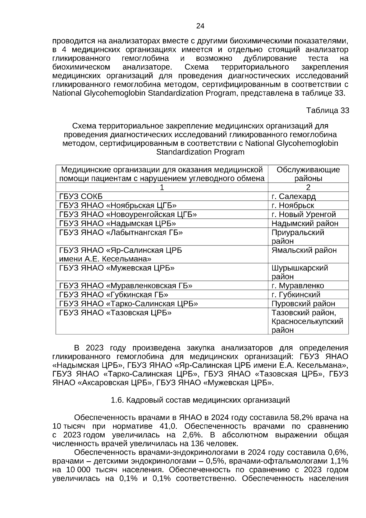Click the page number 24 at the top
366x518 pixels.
click(200, 26)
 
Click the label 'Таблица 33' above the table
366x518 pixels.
click(327, 110)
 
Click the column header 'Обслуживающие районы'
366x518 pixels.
click(308, 174)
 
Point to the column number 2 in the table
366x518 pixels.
click(308, 187)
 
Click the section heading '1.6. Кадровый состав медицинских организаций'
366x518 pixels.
click(200, 400)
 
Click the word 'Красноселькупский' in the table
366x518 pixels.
click(307, 321)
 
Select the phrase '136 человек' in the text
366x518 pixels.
click(215, 443)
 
